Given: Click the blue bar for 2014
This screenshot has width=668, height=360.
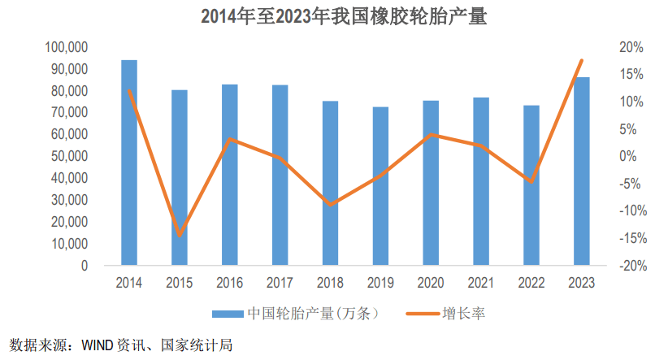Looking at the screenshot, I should pos(129,163).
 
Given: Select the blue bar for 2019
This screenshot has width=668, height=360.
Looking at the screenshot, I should pos(380,186).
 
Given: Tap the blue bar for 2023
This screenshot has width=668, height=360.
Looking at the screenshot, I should pos(581,171).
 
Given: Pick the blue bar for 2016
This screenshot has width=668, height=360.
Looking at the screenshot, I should pos(230,175).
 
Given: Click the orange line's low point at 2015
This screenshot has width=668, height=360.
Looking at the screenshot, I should pos(180,236).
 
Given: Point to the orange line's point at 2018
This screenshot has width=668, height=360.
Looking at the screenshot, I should pos(330,205).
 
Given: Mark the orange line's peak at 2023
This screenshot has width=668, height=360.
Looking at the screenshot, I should pos(581,61).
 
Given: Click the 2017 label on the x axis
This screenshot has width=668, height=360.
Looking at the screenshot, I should pos(280,283).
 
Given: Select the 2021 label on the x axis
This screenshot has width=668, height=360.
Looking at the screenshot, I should pos(481,283).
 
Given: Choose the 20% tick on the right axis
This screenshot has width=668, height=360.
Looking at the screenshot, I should pos(631,48).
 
